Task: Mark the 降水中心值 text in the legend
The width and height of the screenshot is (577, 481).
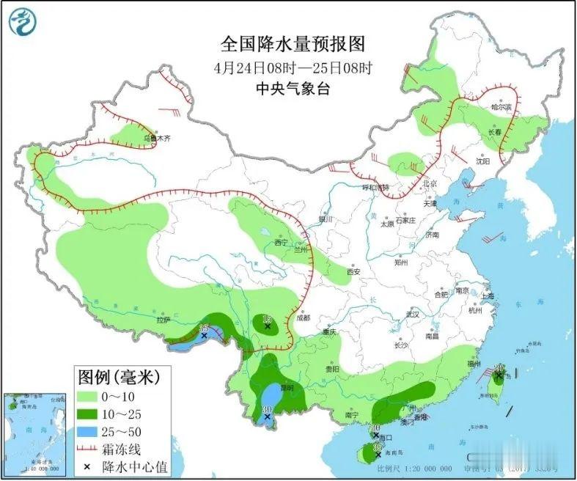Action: tap(147, 466)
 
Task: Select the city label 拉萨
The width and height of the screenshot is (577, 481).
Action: tap(163, 320)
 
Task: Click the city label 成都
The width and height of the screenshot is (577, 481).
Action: tap(303, 318)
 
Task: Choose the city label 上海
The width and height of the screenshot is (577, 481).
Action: tap(488, 295)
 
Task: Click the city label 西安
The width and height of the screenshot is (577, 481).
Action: tap(354, 271)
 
